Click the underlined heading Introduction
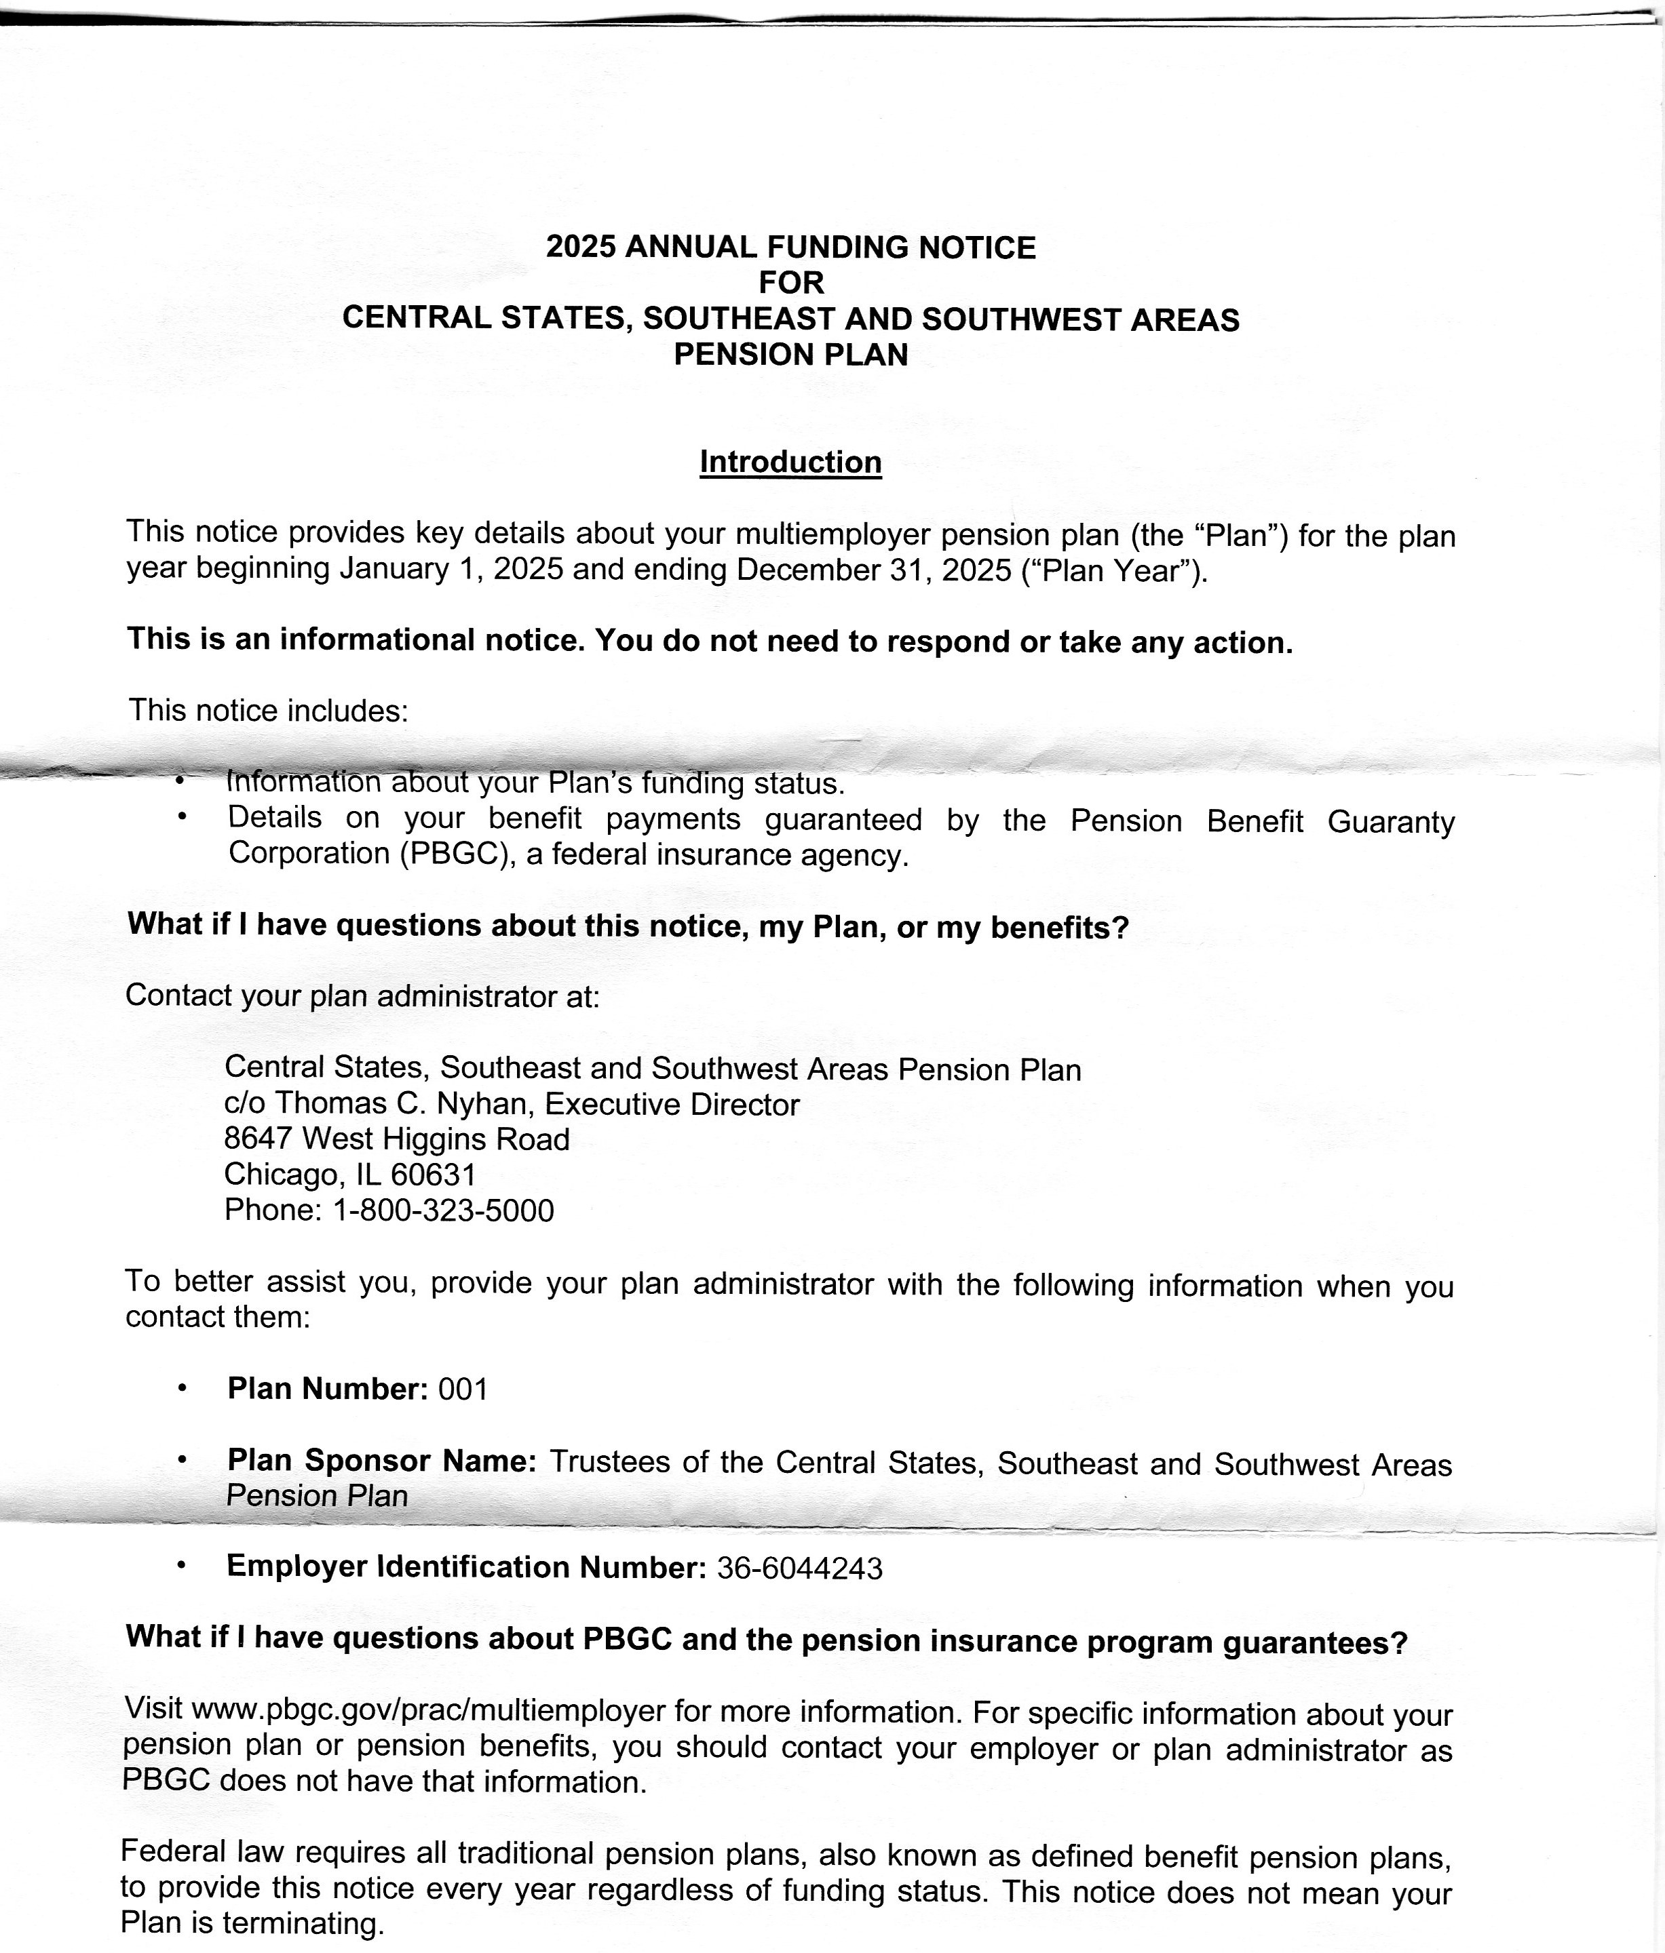click(790, 462)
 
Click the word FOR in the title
click(791, 282)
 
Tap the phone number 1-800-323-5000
click(443, 1210)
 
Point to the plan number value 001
click(463, 1389)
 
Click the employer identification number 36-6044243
click(799, 1569)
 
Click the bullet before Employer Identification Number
click(181, 1566)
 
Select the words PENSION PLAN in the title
click(791, 355)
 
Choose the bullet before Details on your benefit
click(181, 817)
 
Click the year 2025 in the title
click(581, 247)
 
